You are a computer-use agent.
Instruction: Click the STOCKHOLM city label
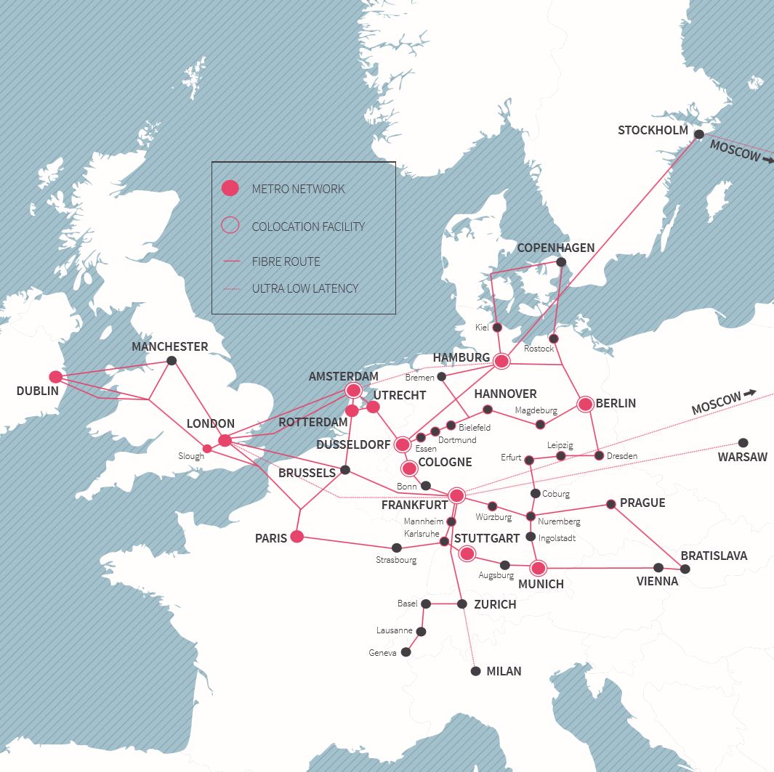pos(653,131)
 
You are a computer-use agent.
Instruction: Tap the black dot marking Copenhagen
pos(560,262)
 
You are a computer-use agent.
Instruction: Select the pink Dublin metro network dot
pos(55,376)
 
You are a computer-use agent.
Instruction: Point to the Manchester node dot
pos(172,360)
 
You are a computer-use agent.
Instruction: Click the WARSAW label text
pos(742,458)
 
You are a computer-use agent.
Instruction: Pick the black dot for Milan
pos(475,671)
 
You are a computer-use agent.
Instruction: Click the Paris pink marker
pos(297,537)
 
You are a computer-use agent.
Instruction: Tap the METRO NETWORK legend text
pos(298,189)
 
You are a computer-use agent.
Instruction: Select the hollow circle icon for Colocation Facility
pos(230,226)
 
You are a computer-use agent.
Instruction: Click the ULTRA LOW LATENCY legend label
pos(305,288)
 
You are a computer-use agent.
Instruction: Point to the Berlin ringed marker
pos(586,404)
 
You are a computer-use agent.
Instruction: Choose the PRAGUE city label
pos(642,503)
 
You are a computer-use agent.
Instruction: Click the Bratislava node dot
pos(685,569)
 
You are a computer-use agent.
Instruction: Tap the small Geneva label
pos(382,653)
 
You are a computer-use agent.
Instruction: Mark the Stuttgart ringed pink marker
pos(467,554)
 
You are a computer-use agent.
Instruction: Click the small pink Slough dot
pos(207,448)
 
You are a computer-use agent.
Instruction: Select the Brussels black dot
pos(345,470)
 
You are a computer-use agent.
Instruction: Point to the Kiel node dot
pos(498,328)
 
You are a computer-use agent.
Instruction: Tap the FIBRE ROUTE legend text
pos(286,261)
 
